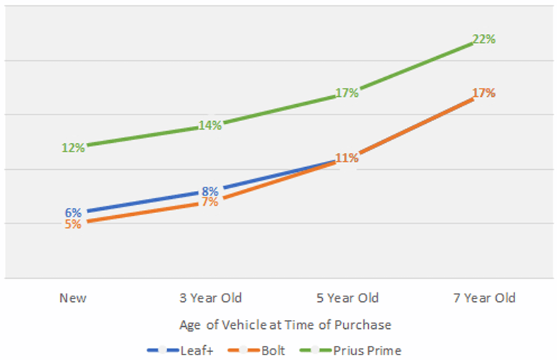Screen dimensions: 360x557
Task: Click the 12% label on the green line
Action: [73, 147]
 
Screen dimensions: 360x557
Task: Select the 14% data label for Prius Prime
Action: [210, 125]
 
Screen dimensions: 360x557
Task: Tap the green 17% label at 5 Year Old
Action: [347, 93]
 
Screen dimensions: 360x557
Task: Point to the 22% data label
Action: [483, 39]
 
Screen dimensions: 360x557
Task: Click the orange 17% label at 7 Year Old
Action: [483, 93]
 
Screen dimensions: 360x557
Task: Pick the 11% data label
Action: [347, 158]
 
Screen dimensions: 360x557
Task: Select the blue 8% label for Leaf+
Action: [210, 191]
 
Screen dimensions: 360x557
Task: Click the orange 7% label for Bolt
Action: [210, 202]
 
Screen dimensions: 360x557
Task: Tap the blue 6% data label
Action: [73, 212]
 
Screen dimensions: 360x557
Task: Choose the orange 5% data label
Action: [73, 224]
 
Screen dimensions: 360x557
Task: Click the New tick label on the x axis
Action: [73, 298]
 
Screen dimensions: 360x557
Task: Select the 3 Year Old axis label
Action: [210, 298]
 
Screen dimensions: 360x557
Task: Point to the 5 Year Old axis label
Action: [347, 298]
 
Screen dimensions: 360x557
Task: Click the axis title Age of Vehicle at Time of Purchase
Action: [286, 325]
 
